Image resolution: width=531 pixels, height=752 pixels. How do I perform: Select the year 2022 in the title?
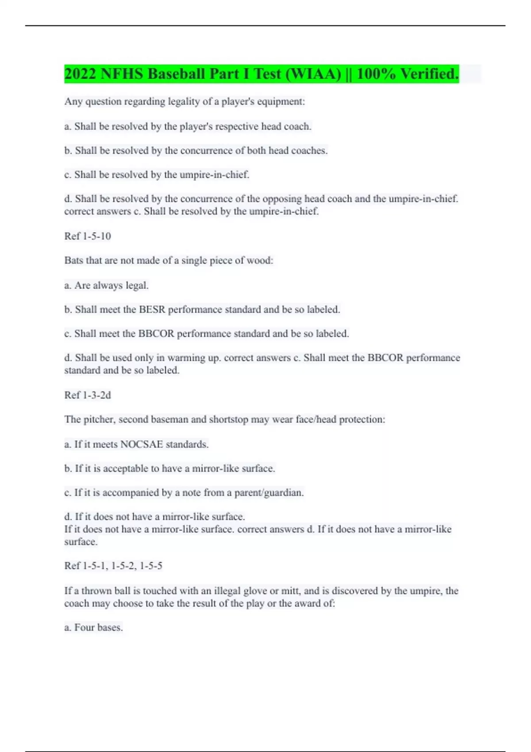[x=80, y=74]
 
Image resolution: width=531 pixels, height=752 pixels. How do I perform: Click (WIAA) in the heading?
[x=313, y=74]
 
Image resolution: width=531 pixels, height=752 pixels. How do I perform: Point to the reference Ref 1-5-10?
[x=88, y=236]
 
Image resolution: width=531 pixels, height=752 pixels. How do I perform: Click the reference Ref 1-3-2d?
[x=88, y=395]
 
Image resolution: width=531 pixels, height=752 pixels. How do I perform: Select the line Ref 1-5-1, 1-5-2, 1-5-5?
[x=113, y=566]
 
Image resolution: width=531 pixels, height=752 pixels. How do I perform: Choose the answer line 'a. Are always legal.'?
[x=106, y=285]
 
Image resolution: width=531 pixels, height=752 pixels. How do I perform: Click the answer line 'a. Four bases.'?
[x=93, y=628]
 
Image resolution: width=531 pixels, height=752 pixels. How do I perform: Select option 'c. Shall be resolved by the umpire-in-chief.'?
[x=157, y=175]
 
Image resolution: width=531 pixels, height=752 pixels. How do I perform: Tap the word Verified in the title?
[x=429, y=74]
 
